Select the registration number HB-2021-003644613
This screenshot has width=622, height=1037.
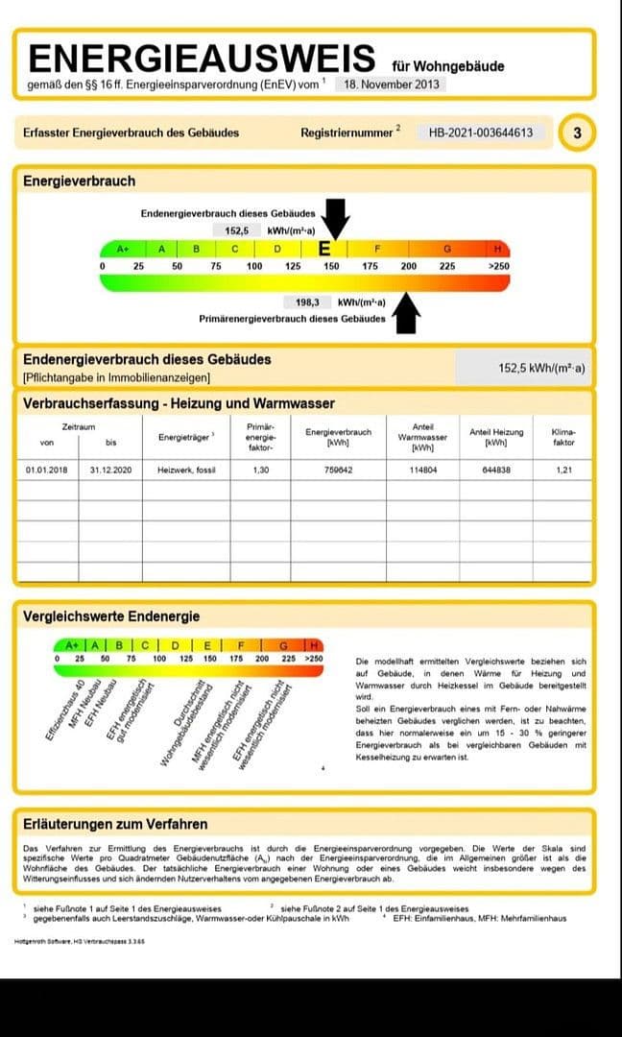[x=481, y=133]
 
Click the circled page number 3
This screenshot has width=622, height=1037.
[x=576, y=133]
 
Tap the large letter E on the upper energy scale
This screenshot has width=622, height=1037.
[x=324, y=249]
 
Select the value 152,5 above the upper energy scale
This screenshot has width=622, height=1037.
[x=237, y=230]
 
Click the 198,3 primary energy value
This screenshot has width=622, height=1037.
[x=307, y=301]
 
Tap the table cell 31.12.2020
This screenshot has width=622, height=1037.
[x=110, y=470]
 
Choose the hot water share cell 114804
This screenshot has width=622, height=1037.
[x=422, y=470]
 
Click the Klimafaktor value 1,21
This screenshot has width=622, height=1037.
[x=563, y=470]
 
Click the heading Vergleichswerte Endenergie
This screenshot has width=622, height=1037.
[x=111, y=615]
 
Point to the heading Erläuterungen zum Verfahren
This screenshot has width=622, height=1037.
[x=115, y=824]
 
